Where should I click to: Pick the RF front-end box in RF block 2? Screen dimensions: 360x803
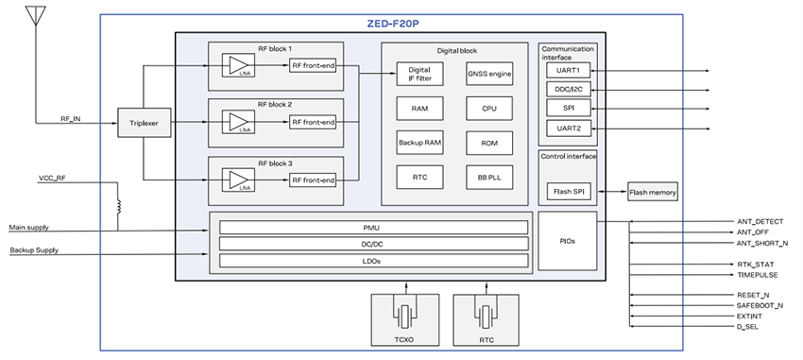tap(312, 122)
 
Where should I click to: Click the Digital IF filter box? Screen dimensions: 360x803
tap(419, 74)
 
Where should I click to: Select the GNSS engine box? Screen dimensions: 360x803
tap(488, 74)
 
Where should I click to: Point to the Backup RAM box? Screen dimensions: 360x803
tap(419, 143)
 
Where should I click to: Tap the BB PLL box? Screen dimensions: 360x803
tap(488, 177)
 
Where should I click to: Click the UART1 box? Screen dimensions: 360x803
tap(569, 70)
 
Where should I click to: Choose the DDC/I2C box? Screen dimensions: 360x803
tap(569, 89)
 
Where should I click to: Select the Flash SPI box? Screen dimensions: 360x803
tap(568, 193)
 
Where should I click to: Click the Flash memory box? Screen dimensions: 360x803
tap(653, 193)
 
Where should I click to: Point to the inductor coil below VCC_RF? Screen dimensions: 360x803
tap(119, 205)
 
